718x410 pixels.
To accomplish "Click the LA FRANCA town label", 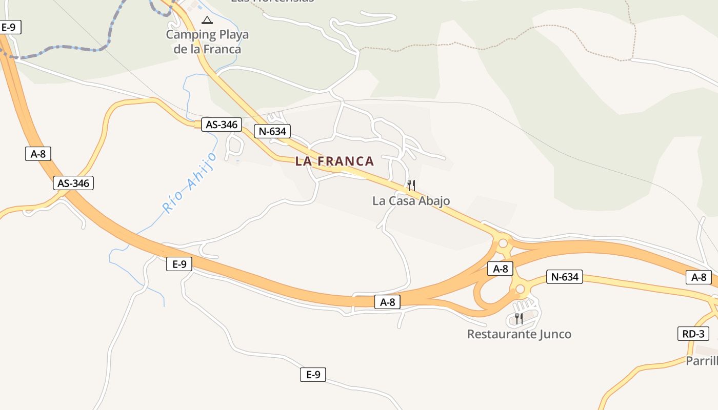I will point(334,161).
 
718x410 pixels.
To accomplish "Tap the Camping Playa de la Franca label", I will point(207,42).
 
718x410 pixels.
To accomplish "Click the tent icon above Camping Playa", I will point(207,20).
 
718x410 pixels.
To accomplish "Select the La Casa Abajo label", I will point(411,201).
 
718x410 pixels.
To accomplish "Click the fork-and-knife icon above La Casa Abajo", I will point(411,185).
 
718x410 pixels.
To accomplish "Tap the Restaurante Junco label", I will point(519,334).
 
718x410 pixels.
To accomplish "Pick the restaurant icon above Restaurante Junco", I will point(519,319).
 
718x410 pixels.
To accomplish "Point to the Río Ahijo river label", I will point(189,182).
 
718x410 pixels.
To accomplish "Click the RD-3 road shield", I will point(693,334).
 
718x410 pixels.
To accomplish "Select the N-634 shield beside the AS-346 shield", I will point(272,131).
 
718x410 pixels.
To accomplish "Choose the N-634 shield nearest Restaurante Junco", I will point(565,277).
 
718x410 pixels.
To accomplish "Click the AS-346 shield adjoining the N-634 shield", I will point(222,125).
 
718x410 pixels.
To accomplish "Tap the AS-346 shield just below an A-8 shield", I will point(73,183).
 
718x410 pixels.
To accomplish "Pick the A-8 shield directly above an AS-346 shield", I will point(38,154).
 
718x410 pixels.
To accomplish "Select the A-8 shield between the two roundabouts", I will point(500,269).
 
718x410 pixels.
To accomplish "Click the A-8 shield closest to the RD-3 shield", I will point(699,277).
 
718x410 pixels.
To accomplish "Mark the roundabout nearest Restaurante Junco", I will point(520,289).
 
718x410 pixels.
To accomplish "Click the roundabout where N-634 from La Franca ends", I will point(503,243).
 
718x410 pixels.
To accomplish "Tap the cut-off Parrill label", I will point(702,361).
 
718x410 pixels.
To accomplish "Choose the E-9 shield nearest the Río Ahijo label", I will point(179,264).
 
